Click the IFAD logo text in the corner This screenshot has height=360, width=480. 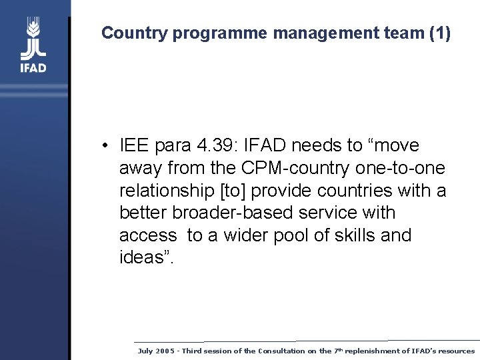pyautogui.click(x=33, y=67)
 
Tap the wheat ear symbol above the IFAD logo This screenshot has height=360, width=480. pyautogui.click(x=33, y=30)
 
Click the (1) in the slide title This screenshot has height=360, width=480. pyautogui.click(x=440, y=33)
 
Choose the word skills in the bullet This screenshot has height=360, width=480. pyautogui.click(x=351, y=236)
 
